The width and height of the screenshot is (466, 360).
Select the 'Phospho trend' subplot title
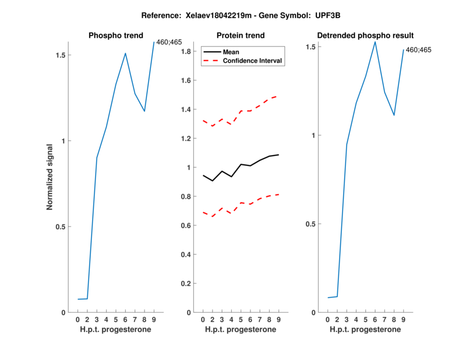click(115, 36)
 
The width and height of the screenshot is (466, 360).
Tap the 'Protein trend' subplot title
click(241, 36)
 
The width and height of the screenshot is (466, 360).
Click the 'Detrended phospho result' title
click(365, 36)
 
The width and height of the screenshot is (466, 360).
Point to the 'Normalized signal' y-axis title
click(50, 177)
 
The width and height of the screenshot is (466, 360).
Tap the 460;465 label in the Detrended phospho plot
click(418, 50)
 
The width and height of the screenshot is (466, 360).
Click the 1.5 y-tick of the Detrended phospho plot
click(311, 47)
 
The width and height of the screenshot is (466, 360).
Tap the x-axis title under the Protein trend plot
click(241, 330)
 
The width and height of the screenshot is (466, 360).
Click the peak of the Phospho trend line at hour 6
click(125, 53)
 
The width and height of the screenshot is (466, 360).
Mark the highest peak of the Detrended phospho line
click(375, 41)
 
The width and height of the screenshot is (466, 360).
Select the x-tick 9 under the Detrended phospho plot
click(403, 320)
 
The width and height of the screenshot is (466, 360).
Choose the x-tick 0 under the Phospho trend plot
click(78, 320)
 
